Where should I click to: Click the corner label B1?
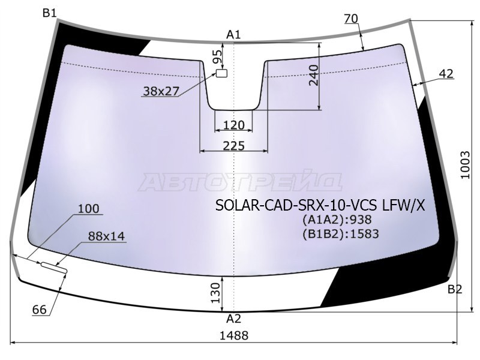coord(50,13)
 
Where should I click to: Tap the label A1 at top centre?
coord(233,35)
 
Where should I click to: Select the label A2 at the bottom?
coord(233,319)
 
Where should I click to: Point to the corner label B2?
coord(454,290)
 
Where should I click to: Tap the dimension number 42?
coord(446,74)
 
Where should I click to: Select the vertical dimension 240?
coord(313,74)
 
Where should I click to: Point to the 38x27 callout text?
coord(161,91)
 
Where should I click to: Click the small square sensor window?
coord(222,73)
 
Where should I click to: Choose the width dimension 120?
coord(233,125)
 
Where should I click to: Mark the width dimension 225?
coord(233,146)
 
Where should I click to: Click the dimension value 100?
coord(88,209)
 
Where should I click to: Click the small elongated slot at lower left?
coord(54,267)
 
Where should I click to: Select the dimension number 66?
coord(40,310)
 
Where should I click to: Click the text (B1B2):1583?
coord(340,233)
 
